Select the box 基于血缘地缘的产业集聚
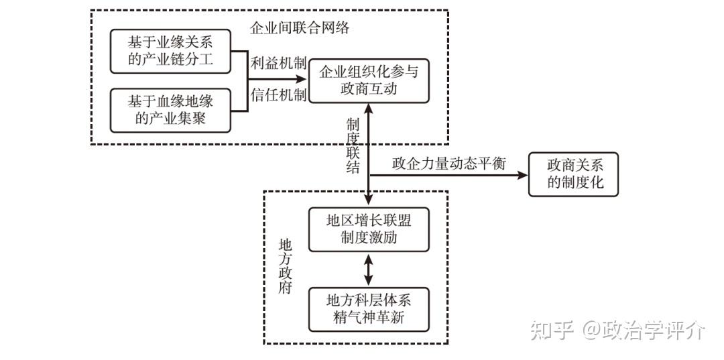(170, 110)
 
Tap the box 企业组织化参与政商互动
(368, 80)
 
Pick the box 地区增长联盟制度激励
(368, 229)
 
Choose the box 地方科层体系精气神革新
(368, 308)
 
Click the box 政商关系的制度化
(573, 174)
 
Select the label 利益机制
(278, 64)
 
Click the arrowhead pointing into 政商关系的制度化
(523, 175)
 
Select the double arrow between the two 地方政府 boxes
(368, 269)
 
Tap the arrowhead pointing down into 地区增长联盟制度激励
(368, 200)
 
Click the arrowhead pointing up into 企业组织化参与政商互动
(368, 108)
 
